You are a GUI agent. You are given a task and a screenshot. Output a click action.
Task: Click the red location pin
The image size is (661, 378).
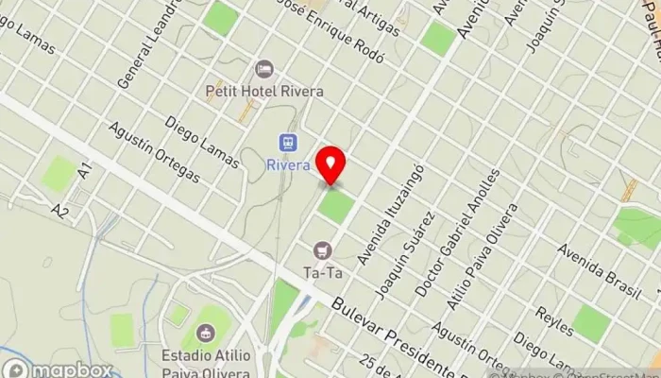point(330,165)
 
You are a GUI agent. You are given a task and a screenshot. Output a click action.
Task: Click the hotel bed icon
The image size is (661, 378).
point(265,70)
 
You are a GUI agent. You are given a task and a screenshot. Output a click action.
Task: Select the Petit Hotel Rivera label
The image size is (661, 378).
point(264,92)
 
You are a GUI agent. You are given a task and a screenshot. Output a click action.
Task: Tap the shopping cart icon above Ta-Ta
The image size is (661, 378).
point(323,250)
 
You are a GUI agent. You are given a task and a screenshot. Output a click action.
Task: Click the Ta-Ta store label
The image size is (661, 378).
point(321,273)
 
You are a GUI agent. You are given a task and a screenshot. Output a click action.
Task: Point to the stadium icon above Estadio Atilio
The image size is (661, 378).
point(205,333)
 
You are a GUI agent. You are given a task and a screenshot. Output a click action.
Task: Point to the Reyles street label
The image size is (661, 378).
point(554,320)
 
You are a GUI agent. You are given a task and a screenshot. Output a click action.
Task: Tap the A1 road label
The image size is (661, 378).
point(85,171)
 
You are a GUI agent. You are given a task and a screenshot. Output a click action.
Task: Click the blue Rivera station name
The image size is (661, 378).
point(288,165)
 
